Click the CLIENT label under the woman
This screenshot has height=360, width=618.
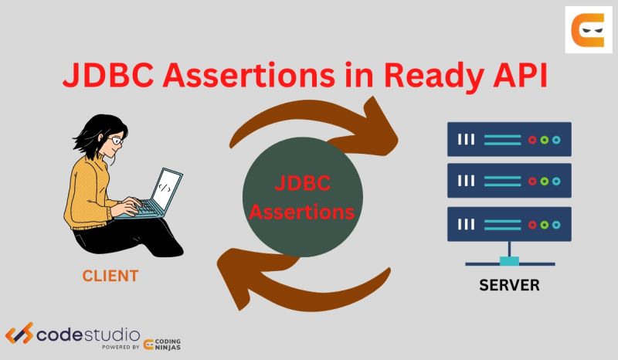click(x=110, y=275)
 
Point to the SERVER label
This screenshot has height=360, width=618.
click(x=509, y=285)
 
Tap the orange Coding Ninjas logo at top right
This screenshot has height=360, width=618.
click(x=588, y=30)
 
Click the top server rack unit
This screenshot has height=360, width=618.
click(x=509, y=140)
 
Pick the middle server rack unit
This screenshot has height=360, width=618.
click(x=509, y=181)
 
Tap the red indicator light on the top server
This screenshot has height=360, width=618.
click(x=532, y=140)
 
